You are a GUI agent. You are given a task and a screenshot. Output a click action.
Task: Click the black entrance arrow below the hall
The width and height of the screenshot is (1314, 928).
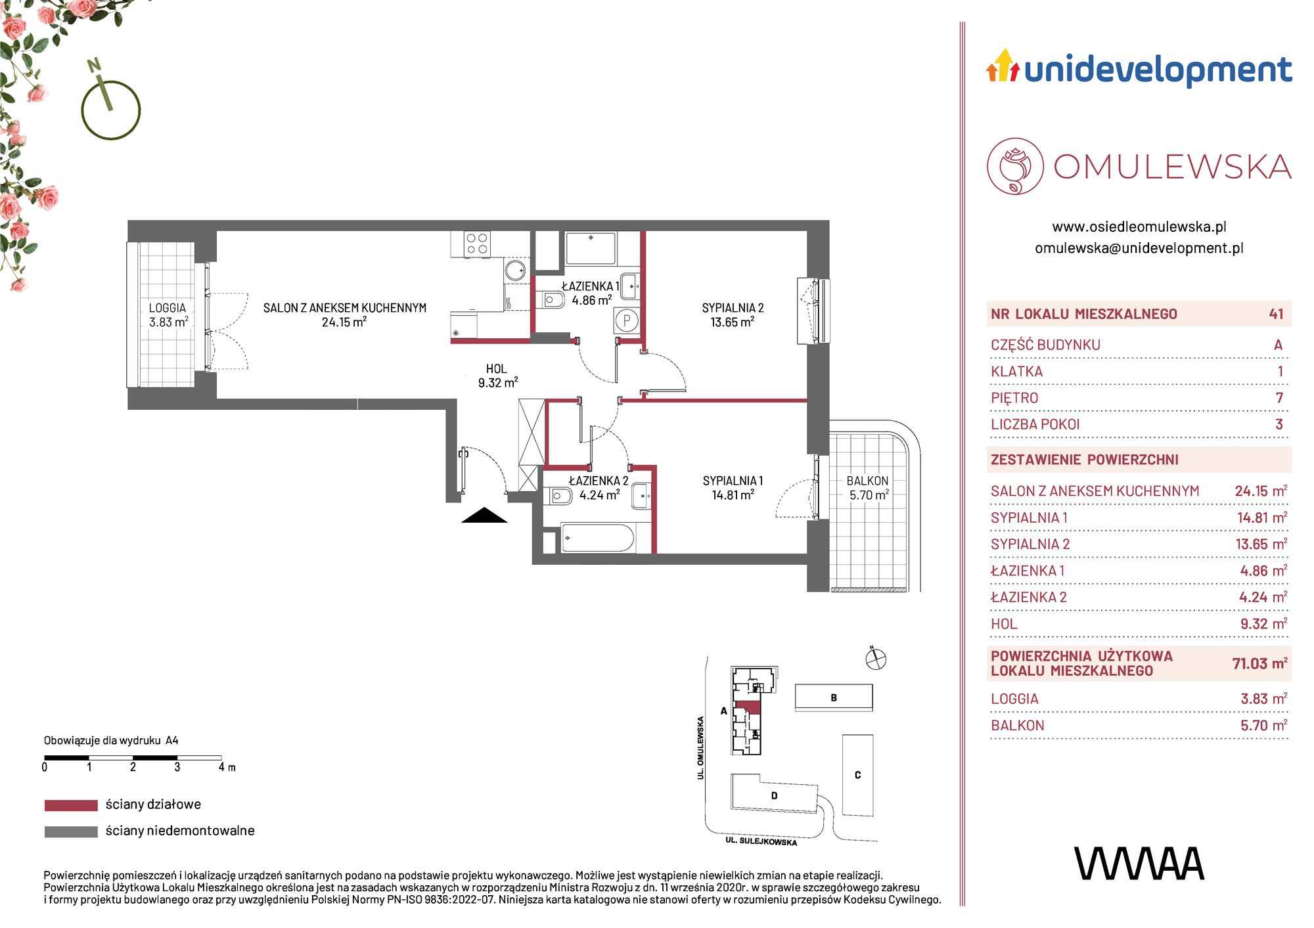484,516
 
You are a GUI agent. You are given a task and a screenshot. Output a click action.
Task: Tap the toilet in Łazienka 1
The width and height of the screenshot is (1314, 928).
553,300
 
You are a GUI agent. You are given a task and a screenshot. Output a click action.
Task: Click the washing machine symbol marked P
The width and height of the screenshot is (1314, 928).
626,321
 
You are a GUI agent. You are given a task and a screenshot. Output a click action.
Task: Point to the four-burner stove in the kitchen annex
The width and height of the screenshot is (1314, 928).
477,244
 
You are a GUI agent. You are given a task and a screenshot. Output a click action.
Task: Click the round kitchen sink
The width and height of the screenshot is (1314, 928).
516,270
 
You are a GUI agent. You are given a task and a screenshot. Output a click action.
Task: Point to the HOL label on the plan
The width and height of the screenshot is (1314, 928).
497,369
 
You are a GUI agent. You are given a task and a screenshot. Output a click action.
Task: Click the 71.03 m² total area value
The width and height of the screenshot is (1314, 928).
1259,663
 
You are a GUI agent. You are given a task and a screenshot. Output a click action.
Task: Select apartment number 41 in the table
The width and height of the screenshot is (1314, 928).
1277,314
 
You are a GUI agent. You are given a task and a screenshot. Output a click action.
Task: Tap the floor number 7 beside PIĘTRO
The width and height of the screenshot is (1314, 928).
1279,398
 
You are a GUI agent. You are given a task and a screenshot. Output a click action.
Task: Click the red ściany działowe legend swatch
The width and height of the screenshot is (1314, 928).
71,805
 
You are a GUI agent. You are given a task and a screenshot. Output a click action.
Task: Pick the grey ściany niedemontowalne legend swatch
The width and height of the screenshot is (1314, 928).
71,831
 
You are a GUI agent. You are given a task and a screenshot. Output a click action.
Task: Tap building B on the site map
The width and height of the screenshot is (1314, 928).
834,697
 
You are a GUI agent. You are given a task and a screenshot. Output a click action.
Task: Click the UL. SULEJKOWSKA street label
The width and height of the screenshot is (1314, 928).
761,841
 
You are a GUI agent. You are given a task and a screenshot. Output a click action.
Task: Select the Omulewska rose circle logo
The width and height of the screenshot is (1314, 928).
1015,166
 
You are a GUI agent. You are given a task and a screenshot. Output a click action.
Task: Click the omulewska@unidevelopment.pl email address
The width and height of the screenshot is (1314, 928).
1139,248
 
